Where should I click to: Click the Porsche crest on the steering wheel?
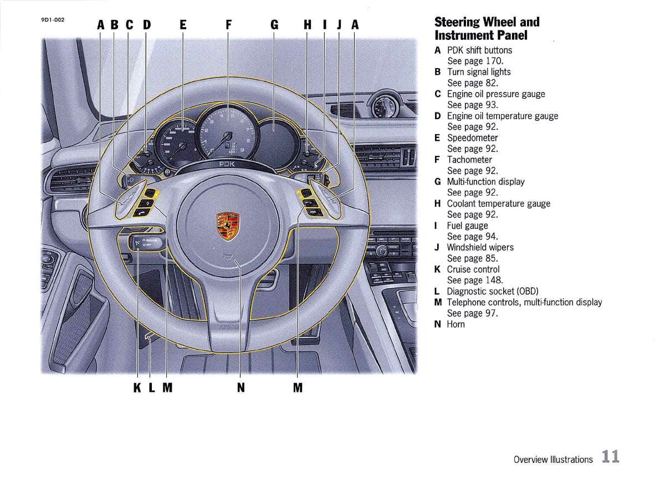pyautogui.click(x=228, y=226)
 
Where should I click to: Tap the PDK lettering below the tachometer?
pyautogui.click(x=227, y=164)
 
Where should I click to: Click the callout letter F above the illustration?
pyautogui.click(x=228, y=25)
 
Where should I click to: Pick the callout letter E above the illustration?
pyautogui.click(x=183, y=25)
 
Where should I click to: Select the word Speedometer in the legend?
pyautogui.click(x=472, y=137)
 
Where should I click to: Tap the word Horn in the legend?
pyautogui.click(x=456, y=324)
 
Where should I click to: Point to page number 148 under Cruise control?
pyautogui.click(x=493, y=280)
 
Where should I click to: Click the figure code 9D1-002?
pyautogui.click(x=53, y=20)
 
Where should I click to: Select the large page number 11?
pyautogui.click(x=610, y=457)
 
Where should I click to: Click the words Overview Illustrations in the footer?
pyautogui.click(x=552, y=460)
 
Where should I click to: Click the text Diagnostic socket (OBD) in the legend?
pyautogui.click(x=492, y=291)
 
